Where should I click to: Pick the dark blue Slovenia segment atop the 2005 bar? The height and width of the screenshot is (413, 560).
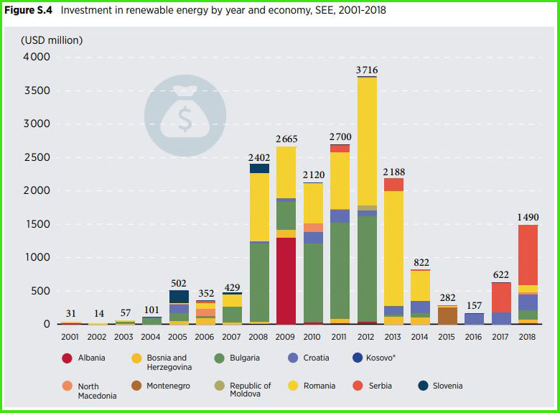(x=179, y=297)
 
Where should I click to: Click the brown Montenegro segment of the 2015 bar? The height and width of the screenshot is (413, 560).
(x=447, y=315)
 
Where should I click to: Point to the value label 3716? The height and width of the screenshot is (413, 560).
(x=367, y=70)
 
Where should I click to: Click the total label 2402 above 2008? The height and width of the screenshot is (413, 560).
(x=259, y=157)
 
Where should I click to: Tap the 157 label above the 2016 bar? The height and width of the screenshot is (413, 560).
(x=474, y=305)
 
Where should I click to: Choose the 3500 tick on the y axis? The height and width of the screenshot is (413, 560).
(x=37, y=91)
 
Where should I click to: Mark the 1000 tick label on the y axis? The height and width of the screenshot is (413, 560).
(x=37, y=257)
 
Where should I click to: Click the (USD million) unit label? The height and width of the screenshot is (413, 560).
(x=51, y=40)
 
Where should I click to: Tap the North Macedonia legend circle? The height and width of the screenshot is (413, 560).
(x=67, y=386)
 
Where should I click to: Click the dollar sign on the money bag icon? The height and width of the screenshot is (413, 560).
(x=185, y=119)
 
